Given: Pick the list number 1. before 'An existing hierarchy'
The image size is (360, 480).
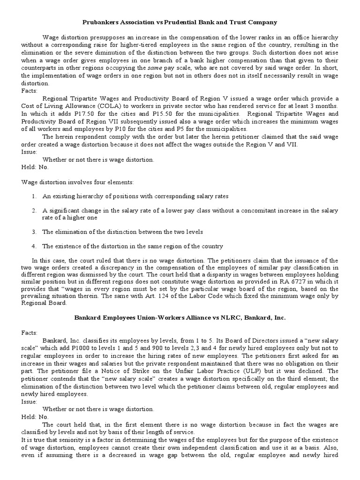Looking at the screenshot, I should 34,196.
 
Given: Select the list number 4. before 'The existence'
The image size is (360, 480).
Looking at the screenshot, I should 34,246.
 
